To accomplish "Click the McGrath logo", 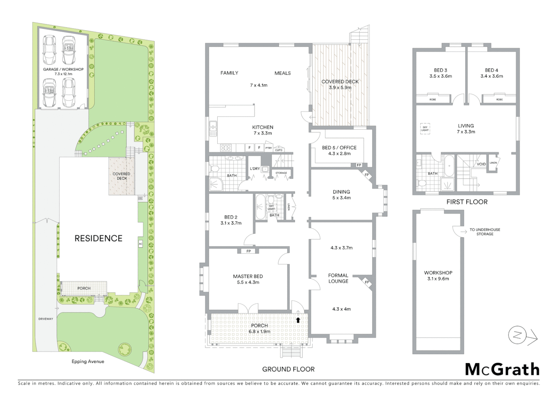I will (502, 370).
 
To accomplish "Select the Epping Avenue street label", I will (88, 362).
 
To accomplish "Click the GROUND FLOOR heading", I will (288, 369).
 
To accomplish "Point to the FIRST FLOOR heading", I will (467, 202).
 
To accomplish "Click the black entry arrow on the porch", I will (298, 320).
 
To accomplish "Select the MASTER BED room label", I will (248, 276).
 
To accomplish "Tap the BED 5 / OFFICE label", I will (339, 147).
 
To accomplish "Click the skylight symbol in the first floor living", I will (425, 129).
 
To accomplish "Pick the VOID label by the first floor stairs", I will (481, 164).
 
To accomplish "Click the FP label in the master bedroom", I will (248, 251).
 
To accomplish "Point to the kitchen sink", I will (213, 128).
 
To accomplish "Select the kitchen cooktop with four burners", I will (226, 148).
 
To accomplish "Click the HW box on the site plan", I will (140, 198).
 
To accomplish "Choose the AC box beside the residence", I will (140, 244).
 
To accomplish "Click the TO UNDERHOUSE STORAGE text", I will (485, 232).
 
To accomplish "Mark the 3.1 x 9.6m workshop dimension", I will (438, 279).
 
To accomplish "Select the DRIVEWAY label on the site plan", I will (46, 319).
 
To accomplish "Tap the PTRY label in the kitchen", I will (268, 148).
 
